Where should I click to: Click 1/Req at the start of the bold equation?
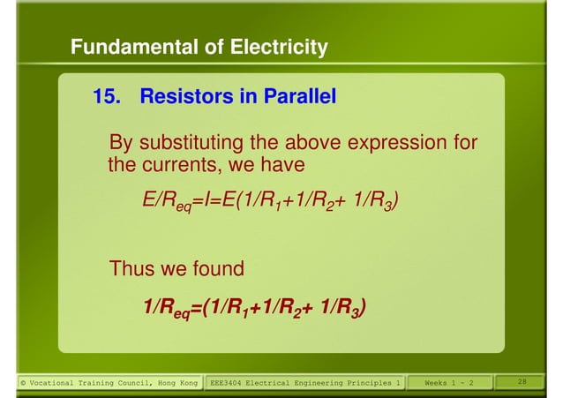(169, 308)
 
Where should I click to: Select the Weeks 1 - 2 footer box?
(449, 382)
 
